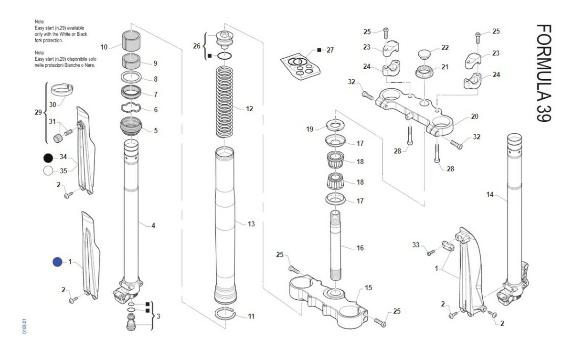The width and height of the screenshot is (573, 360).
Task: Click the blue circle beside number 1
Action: click(x=58, y=262)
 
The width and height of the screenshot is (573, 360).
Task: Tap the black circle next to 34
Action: click(x=48, y=158)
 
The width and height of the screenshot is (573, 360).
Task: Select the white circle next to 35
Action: click(x=48, y=170)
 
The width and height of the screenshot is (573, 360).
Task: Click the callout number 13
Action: click(x=251, y=223)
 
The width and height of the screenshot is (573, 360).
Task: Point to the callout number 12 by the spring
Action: click(x=249, y=109)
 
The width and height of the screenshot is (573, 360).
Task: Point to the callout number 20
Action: click(x=474, y=116)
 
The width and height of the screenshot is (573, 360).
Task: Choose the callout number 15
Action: click(x=368, y=288)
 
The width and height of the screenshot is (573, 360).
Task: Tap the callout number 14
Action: click(x=489, y=194)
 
